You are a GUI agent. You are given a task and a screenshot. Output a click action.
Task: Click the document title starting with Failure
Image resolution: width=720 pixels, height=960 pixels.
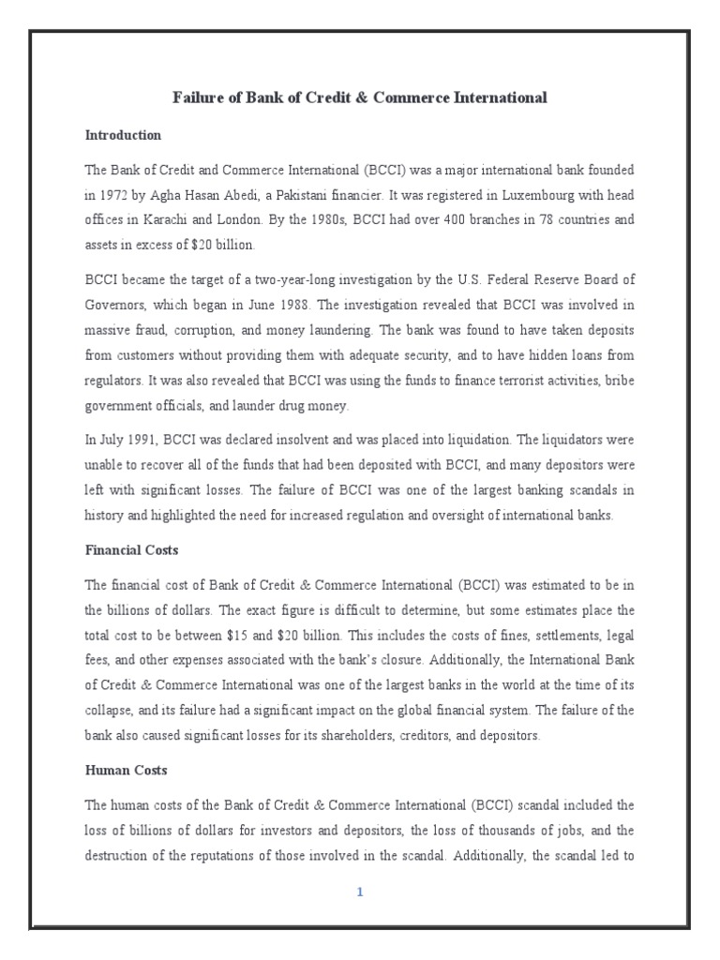point(359,97)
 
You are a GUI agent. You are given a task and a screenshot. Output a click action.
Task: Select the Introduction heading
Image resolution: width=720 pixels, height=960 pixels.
point(123,135)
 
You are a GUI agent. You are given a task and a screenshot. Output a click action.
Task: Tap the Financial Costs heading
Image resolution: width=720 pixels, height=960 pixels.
point(131,550)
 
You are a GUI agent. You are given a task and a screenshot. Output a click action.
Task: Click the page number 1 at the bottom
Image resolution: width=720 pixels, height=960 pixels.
point(359,892)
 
